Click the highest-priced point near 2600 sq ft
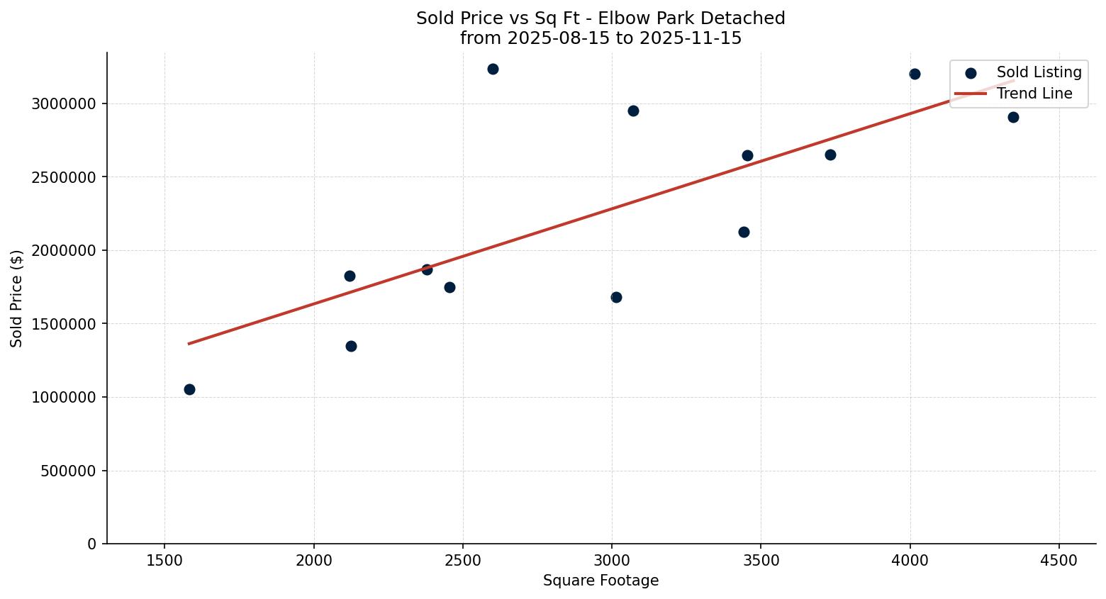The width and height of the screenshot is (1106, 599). (x=493, y=69)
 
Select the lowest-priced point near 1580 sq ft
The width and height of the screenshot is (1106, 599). (x=189, y=389)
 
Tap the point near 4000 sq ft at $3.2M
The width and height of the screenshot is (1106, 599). (x=915, y=74)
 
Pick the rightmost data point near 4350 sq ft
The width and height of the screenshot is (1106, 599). (x=1013, y=117)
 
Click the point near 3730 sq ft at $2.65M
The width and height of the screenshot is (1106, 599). (x=830, y=155)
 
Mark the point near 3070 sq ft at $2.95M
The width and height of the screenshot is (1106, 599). (x=633, y=111)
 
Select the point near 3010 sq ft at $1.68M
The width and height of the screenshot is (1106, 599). (x=616, y=297)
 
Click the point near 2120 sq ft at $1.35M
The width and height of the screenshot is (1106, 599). (x=351, y=346)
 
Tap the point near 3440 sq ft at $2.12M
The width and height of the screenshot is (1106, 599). (x=744, y=232)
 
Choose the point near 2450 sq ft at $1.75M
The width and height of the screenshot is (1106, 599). (x=449, y=287)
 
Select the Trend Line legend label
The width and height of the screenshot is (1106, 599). (x=1034, y=94)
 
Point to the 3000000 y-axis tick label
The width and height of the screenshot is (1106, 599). (x=64, y=103)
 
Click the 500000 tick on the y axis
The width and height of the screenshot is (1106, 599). (x=68, y=471)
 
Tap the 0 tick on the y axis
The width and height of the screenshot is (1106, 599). (x=92, y=544)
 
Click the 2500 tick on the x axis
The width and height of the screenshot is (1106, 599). (x=463, y=561)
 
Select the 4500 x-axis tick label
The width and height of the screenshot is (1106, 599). (x=1059, y=561)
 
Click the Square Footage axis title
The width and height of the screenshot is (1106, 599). (x=601, y=581)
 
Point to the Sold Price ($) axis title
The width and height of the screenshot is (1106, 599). (x=17, y=298)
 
